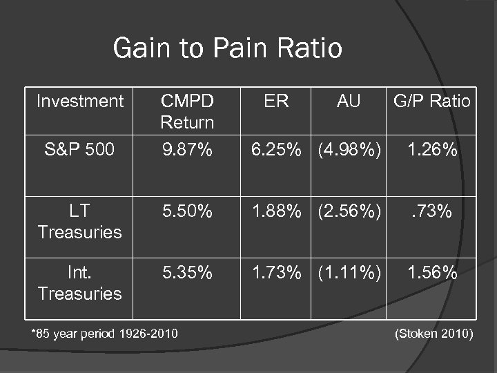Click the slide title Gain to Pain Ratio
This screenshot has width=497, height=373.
pos(227,48)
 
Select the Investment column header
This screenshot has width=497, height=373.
pos(79,102)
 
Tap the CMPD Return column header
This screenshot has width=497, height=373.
pos(187,112)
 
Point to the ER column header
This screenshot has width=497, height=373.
pos(276,102)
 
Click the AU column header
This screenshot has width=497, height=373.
pos(349,102)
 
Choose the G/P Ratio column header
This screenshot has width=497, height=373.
pos(432,102)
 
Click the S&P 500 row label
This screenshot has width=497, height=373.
pos(79,149)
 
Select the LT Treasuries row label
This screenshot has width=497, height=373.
pos(79,221)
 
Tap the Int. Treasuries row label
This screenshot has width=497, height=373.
pos(79,283)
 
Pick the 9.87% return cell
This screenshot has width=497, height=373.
pos(187,149)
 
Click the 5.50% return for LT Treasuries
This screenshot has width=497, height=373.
pos(187,211)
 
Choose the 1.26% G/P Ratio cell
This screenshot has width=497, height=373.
pos(432,149)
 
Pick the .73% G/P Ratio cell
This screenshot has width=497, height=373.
pos(432,211)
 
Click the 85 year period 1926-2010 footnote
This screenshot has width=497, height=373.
pos(104,334)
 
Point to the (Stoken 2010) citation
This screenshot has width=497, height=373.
pos(433,334)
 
